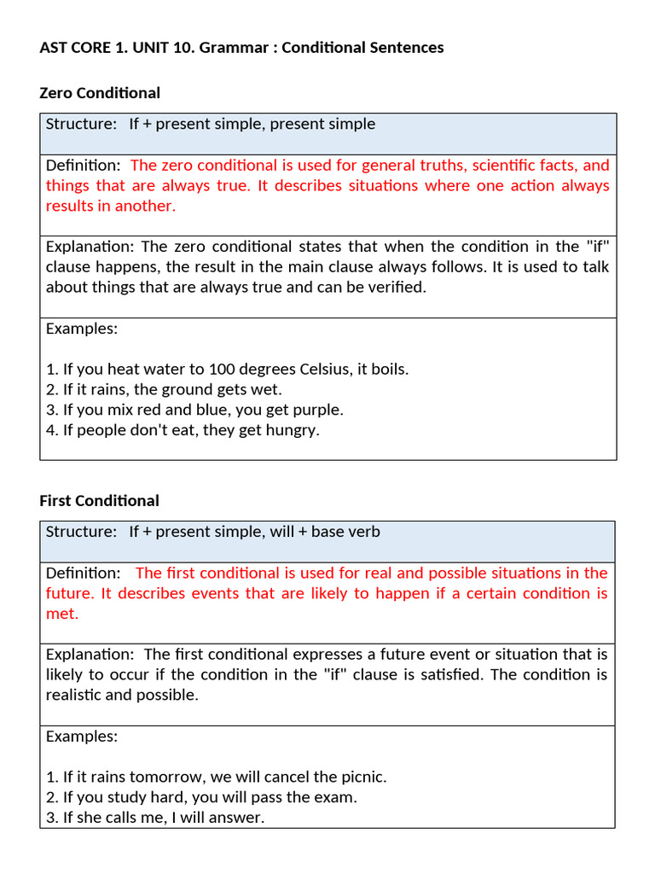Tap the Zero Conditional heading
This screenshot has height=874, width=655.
click(x=100, y=93)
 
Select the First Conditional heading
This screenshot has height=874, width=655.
click(x=99, y=501)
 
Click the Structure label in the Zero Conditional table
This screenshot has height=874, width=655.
click(x=81, y=125)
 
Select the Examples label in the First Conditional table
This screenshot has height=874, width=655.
click(x=82, y=737)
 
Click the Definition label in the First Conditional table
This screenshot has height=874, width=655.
click(x=83, y=574)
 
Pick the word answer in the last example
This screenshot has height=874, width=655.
click(x=240, y=818)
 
